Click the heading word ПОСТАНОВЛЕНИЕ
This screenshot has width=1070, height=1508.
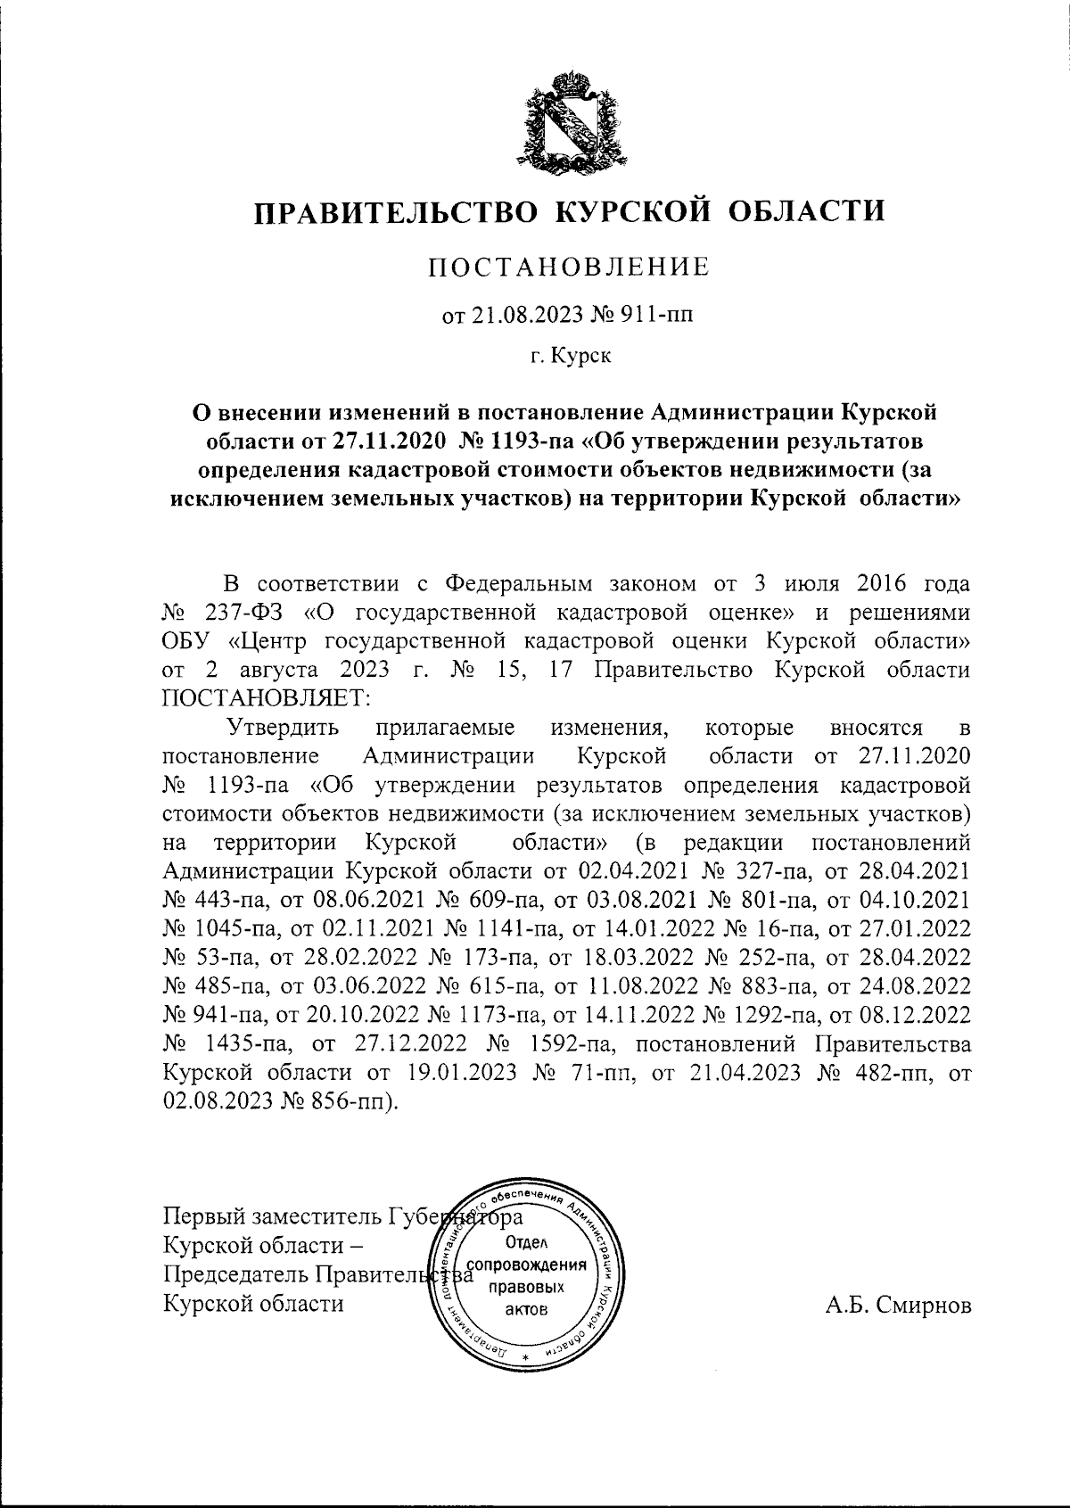click(570, 267)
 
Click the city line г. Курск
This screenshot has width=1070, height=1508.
click(570, 357)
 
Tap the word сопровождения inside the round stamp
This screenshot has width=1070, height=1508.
click(527, 1265)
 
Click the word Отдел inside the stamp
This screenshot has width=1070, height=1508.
click(526, 1242)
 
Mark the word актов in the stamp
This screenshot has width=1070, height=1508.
click(526, 1309)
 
